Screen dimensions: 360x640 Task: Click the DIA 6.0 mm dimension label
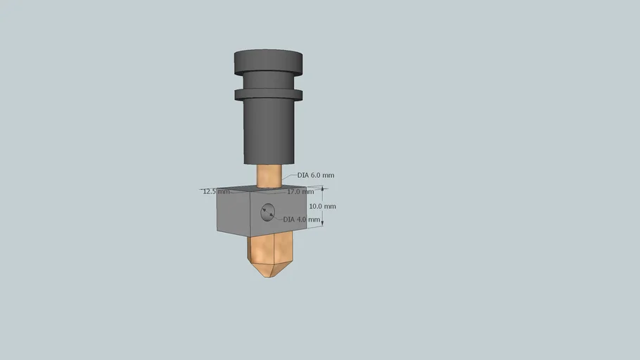point(316,175)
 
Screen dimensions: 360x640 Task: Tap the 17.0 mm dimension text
point(300,191)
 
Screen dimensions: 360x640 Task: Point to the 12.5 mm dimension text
point(216,191)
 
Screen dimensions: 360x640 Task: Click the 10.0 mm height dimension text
point(322,206)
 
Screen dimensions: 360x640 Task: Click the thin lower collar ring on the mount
point(269,94)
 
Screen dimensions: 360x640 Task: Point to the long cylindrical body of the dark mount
point(269,130)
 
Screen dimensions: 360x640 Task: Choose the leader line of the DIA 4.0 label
point(278,217)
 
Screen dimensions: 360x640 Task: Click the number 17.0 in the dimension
point(295,191)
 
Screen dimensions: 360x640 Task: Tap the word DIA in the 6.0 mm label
point(303,175)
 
